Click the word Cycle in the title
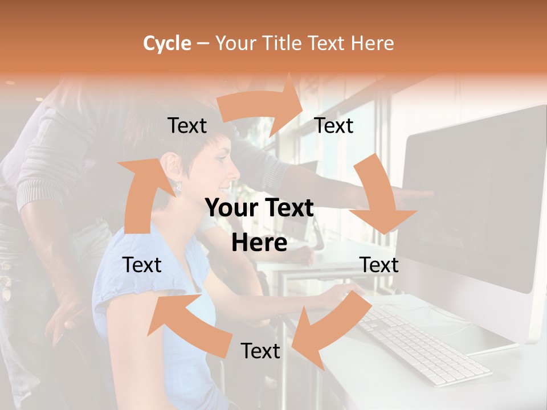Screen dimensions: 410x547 [x=167, y=43]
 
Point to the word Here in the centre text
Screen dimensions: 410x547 [x=259, y=243]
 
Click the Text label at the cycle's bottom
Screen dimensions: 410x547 [x=260, y=351]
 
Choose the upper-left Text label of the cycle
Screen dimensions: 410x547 [x=187, y=126]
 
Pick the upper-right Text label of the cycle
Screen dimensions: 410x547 [x=334, y=126]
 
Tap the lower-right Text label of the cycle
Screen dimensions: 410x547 [x=379, y=265]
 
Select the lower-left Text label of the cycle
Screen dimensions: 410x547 [x=142, y=265]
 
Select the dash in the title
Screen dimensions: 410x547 [x=203, y=43]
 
